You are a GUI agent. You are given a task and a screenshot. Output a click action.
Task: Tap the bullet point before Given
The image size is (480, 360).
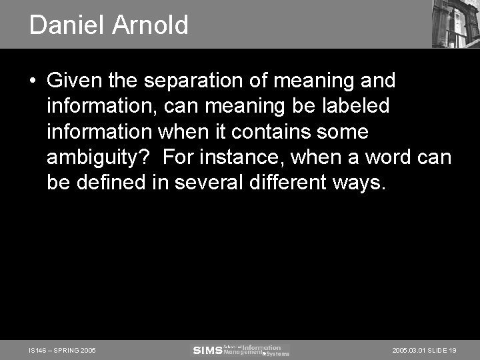coord(33,81)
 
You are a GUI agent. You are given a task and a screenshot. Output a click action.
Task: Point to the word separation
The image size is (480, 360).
coord(187,81)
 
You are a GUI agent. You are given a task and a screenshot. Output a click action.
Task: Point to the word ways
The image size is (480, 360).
coord(363,183)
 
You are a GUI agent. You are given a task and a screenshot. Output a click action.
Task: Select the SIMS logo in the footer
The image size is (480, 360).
coord(207,350)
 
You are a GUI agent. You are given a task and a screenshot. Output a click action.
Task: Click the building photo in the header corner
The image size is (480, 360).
coord(455,24)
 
